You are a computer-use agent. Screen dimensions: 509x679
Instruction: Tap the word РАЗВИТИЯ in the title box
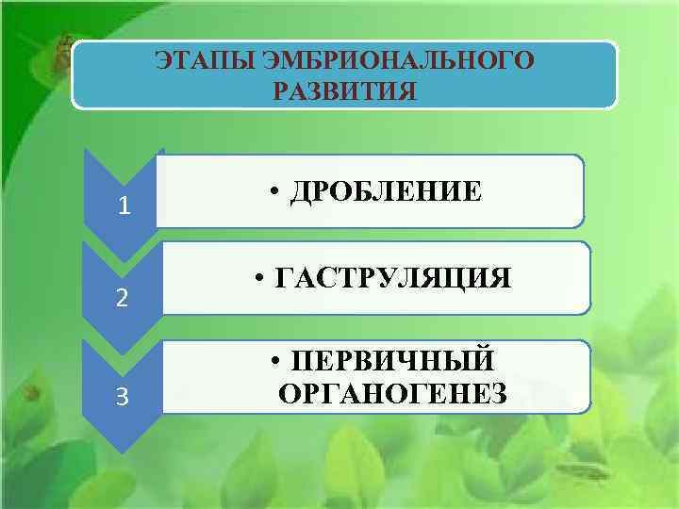[344, 91]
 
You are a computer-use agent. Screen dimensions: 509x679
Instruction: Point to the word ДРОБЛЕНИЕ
[387, 191]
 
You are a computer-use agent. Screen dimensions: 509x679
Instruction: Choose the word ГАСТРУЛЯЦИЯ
[394, 278]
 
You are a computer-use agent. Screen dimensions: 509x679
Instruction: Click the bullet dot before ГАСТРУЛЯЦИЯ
[260, 279]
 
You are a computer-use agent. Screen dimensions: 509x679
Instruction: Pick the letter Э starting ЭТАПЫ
[163, 61]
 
